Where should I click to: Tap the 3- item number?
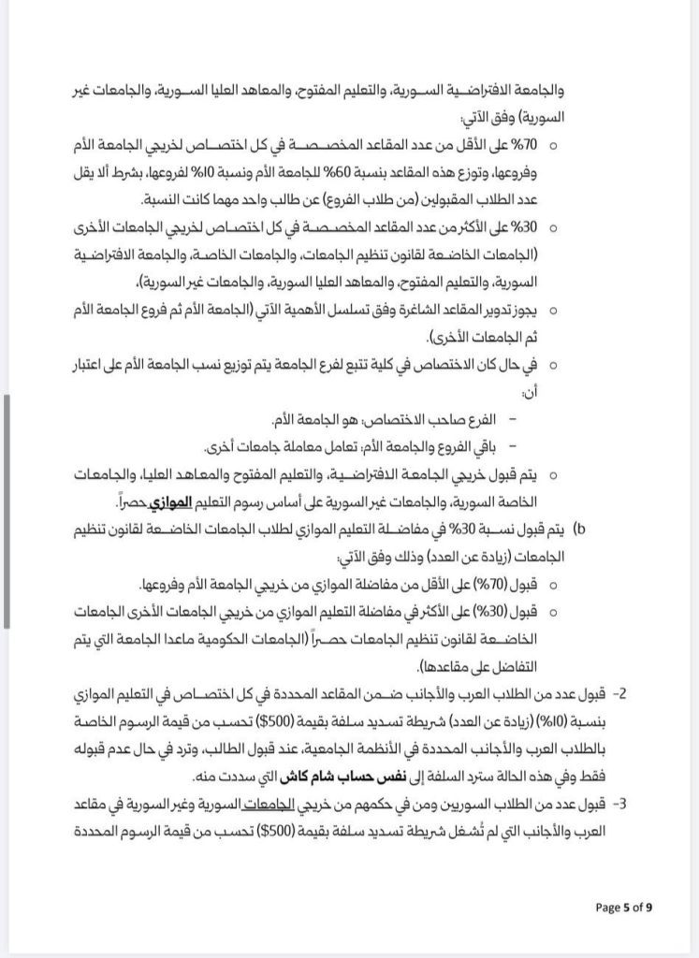[621, 803]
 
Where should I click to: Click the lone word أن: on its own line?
[531, 392]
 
